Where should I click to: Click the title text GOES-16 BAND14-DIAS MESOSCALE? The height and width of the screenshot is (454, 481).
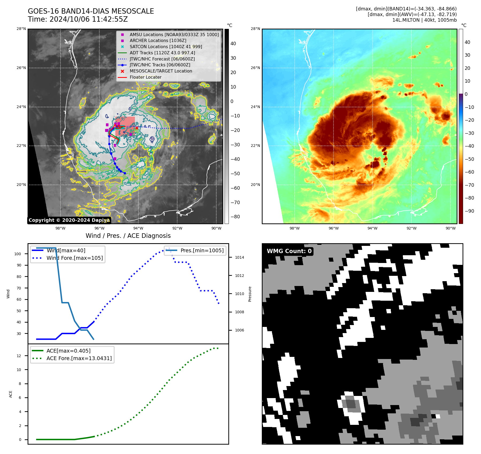tap(91, 11)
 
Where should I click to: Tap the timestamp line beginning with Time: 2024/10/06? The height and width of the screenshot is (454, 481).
tap(78, 19)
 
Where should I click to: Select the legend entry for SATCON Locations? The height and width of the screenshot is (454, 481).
tap(166, 47)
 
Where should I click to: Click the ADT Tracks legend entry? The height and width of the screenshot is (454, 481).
tap(162, 53)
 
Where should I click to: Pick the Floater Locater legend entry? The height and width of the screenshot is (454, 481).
tap(145, 77)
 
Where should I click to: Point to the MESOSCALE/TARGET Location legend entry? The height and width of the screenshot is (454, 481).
tap(161, 71)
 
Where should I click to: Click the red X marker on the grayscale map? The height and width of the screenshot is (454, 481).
tap(137, 128)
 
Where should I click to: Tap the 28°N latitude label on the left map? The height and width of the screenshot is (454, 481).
tap(21, 29)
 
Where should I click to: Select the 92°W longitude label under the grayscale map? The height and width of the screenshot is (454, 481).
tap(177, 228)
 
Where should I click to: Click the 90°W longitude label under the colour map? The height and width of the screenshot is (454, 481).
tap(450, 228)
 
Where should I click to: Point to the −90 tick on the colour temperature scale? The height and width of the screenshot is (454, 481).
tap(469, 211)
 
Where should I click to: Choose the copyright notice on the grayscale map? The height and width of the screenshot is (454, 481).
tap(69, 220)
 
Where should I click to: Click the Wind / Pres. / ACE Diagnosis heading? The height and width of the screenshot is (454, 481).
tap(128, 236)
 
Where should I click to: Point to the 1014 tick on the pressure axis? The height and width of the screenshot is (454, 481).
tap(239, 257)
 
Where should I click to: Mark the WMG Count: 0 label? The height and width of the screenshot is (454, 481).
tap(289, 251)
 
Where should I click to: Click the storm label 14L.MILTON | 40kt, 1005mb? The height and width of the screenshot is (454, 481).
tap(424, 20)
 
